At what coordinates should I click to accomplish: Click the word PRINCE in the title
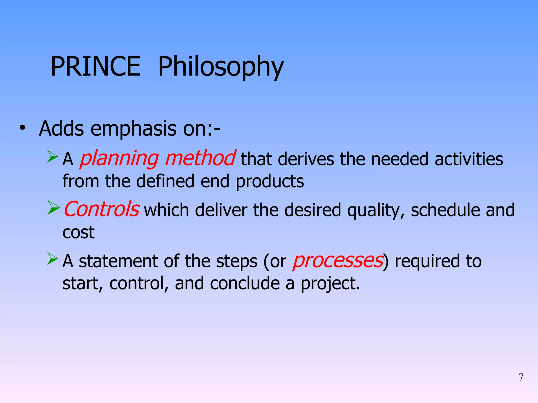(95, 67)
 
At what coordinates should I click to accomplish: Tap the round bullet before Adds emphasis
(23, 128)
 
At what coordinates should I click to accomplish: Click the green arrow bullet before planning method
(53, 157)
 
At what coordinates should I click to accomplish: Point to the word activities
(469, 159)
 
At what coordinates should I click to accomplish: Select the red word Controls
(101, 209)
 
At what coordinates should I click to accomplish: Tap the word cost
(78, 232)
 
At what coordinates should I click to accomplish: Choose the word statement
(119, 261)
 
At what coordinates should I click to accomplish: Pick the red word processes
(338, 261)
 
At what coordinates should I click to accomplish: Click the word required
(427, 262)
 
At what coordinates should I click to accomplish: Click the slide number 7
(521, 377)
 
